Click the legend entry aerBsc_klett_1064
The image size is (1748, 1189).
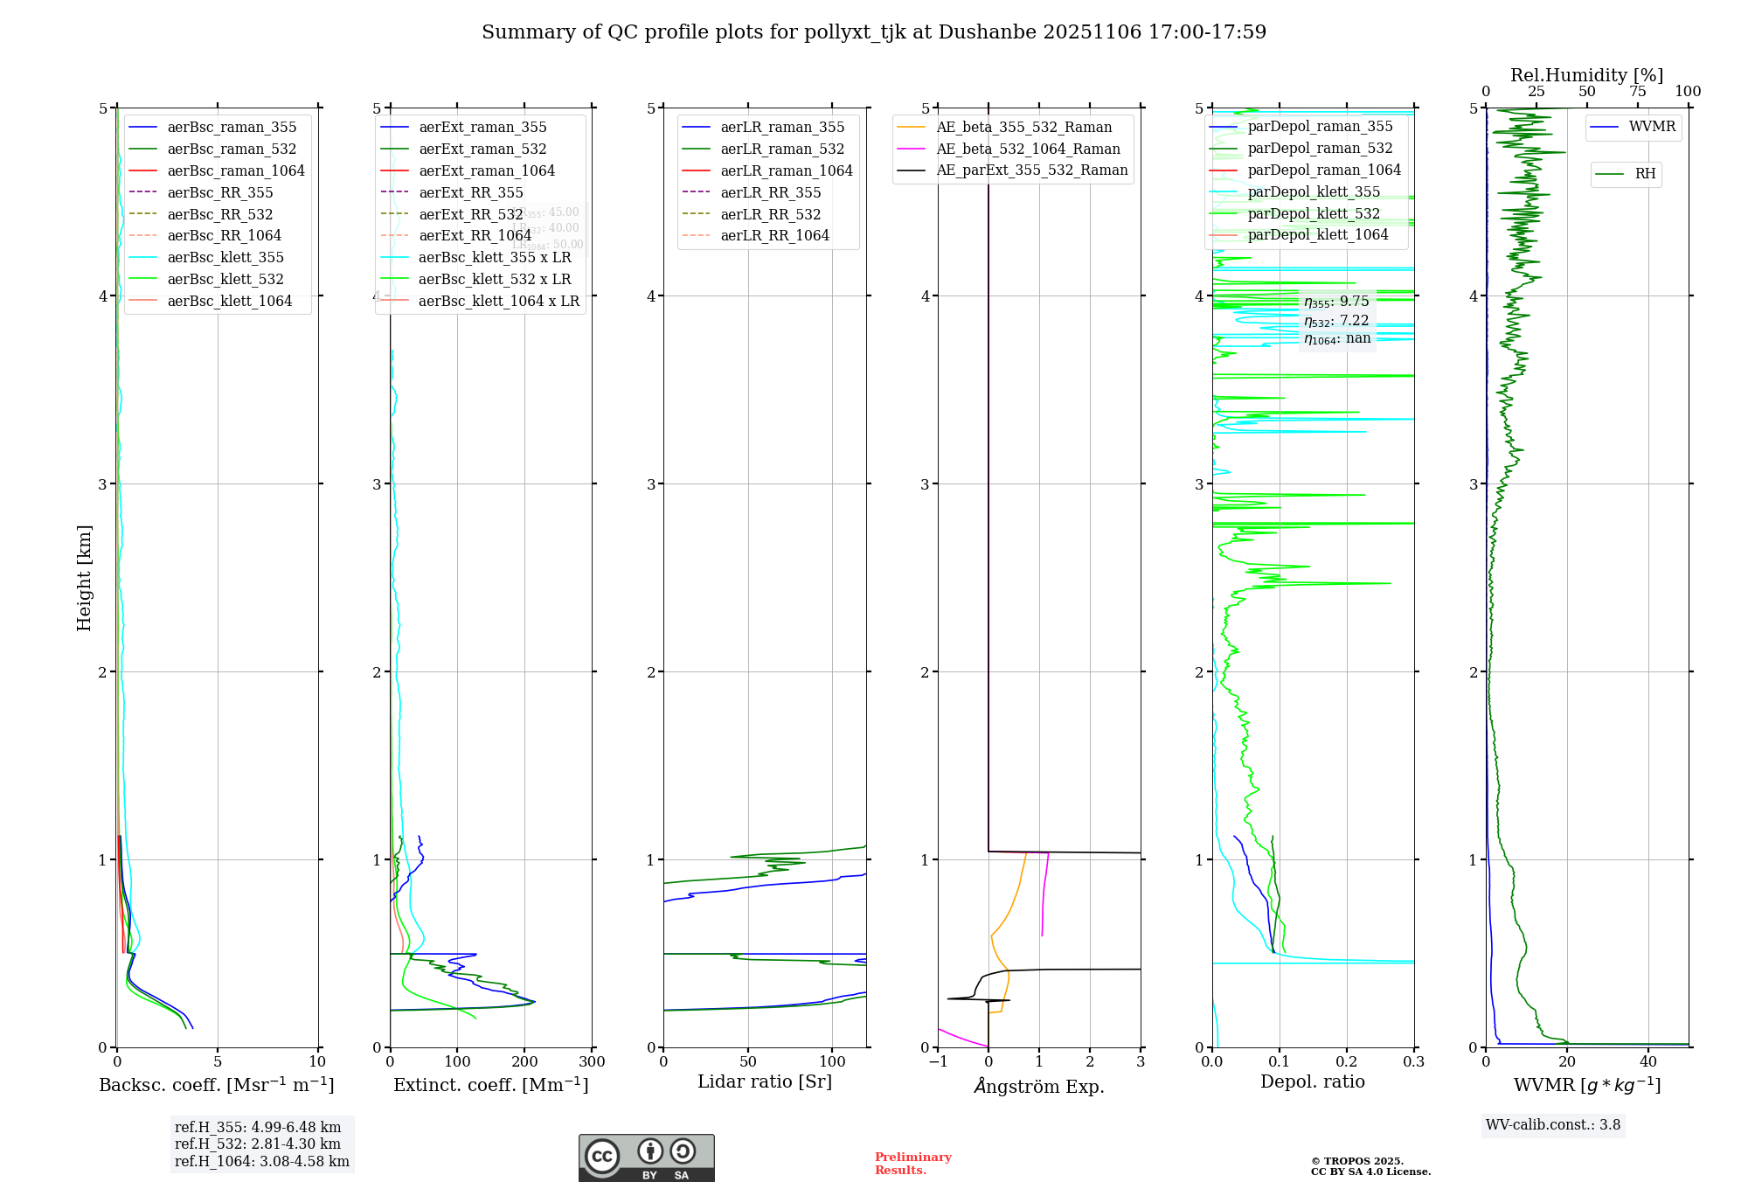pos(229,301)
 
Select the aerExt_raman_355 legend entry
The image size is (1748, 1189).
pos(482,128)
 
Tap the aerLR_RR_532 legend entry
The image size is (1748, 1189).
pos(770,214)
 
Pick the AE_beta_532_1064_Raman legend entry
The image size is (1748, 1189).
pos(1028,149)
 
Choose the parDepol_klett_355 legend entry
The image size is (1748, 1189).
pos(1314,191)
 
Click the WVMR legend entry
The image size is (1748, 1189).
pos(1652,127)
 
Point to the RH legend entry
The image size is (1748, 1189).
pos(1645,174)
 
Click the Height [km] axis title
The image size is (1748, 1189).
pos(84,578)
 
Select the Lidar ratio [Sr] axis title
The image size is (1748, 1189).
pos(765,1081)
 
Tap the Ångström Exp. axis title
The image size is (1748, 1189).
pos(1039,1086)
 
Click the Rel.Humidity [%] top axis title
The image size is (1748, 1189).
pos(1586,75)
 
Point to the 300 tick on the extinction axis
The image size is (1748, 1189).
pos(592,1061)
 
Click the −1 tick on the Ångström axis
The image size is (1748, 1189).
pos(938,1061)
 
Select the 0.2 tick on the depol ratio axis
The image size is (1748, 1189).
pos(1347,1061)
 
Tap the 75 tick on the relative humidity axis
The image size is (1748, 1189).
pos(1637,92)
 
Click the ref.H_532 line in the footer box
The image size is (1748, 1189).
pos(257,1144)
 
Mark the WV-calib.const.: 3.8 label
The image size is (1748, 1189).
pos(1553,1125)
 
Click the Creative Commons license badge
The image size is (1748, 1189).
pos(646,1158)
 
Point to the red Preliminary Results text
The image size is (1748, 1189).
pos(912,1163)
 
